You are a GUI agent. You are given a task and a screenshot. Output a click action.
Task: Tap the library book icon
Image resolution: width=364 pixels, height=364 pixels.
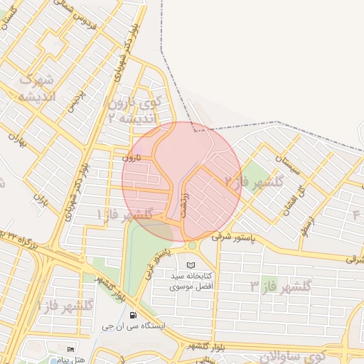tap(190, 265)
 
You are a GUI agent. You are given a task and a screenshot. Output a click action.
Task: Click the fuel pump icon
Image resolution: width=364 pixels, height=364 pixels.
tap(133, 315)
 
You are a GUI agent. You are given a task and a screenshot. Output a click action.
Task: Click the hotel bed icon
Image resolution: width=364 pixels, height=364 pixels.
tap(70, 350)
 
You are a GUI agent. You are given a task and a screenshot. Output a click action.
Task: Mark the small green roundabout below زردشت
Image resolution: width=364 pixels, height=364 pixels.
tap(192, 246)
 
